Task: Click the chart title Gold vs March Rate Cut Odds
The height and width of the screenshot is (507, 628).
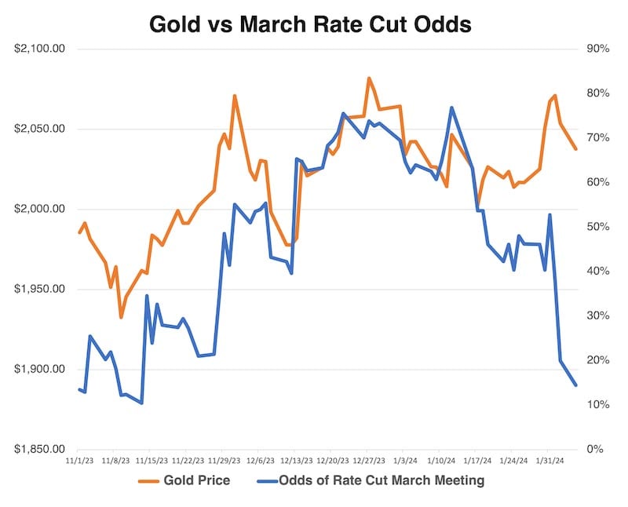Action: [x=311, y=24]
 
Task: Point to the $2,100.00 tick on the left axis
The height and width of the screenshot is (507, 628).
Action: [x=40, y=49]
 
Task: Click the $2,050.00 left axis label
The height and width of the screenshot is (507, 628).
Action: [x=40, y=129]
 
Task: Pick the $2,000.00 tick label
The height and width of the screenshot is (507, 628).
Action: [x=40, y=210]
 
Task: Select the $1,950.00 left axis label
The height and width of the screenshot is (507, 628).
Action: [x=40, y=290]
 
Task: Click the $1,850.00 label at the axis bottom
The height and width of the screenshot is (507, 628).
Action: [x=40, y=450]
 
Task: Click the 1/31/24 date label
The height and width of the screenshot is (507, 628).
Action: [x=548, y=461]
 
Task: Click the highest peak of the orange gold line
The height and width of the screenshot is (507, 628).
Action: [x=369, y=78]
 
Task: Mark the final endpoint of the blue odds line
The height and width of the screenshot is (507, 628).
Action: [x=576, y=385]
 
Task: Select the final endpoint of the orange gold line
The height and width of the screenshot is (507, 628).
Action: [x=576, y=149]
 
